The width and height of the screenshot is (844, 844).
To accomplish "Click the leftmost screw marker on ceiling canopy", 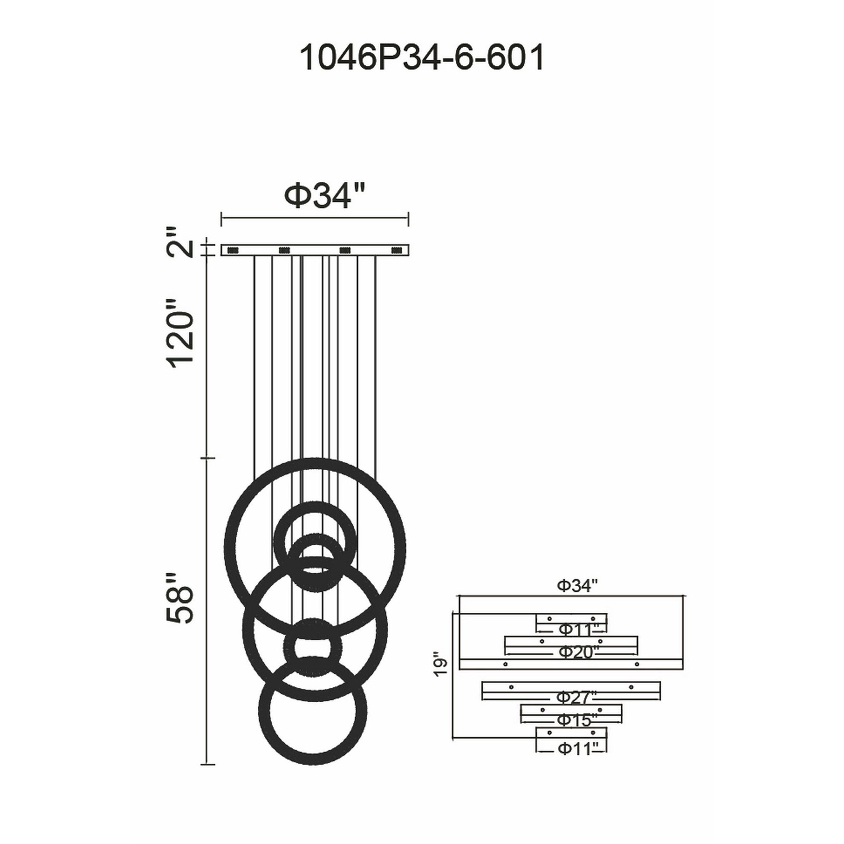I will [x=233, y=250].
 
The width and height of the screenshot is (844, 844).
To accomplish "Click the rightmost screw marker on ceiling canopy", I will [x=397, y=250].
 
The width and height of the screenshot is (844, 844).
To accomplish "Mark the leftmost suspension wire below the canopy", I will [x=254, y=349].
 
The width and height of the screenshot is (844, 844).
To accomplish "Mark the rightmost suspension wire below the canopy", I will [x=376, y=349].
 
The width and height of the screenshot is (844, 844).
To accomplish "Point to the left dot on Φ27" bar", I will [x=511, y=699].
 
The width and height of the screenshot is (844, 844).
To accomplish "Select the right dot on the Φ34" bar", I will [x=637, y=676].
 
